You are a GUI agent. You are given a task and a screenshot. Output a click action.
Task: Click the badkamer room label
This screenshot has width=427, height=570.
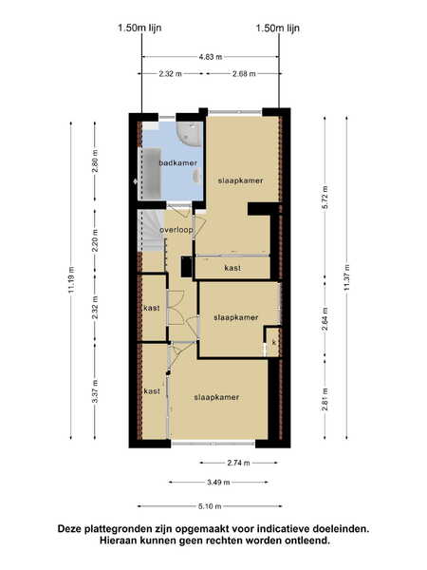coord(178,162)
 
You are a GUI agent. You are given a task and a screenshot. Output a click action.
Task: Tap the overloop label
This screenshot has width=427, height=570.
coord(176,230)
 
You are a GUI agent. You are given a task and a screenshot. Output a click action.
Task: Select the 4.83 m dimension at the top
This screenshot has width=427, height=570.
coord(211,57)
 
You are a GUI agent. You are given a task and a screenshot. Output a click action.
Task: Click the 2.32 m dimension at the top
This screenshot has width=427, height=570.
coord(170,74)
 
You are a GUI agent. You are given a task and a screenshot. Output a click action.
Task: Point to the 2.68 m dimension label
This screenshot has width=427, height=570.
coord(244,74)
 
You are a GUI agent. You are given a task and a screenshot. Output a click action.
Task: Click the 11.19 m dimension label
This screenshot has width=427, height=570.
coord(71,279)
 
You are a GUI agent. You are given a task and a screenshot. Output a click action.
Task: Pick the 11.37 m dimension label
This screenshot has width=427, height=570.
coord(346,277)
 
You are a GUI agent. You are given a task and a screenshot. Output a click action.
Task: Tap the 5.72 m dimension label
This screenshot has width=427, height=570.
coord(325,197)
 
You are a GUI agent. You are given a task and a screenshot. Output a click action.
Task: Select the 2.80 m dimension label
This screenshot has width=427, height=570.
coord(95,161)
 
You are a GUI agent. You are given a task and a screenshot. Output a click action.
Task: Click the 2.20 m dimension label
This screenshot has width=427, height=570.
coord(95,240)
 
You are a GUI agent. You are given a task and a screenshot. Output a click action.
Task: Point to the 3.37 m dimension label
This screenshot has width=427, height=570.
coord(95,391)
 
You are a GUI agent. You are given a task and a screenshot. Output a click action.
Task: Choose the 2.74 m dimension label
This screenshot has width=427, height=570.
coord(238,463)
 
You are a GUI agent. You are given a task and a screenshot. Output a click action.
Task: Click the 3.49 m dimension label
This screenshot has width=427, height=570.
coord(218,483)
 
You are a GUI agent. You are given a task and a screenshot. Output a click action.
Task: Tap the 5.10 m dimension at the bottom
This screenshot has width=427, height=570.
coord(210,506)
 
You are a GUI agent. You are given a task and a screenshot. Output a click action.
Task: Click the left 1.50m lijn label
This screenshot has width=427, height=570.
coord(139,28)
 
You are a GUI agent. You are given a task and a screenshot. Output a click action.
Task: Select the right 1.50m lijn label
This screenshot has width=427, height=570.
coord(278,28)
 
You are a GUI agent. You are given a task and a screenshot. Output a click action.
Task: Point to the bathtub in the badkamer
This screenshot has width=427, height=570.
coord(150,174)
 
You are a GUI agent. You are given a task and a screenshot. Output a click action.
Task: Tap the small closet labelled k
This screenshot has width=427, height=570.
coord(273,342)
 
